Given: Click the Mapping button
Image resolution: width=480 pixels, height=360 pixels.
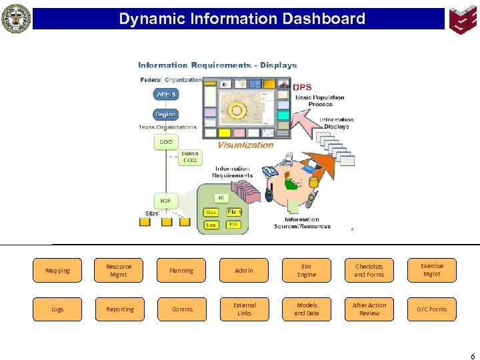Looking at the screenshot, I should [57, 271].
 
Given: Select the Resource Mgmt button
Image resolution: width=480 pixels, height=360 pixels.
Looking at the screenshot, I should [119, 271].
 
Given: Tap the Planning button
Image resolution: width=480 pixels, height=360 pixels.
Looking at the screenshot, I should [181, 271].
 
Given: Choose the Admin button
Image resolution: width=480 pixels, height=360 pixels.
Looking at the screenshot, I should [244, 271].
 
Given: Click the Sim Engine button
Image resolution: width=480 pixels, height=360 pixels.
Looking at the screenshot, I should [307, 271].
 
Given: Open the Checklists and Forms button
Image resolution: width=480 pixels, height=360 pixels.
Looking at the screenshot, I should [369, 271].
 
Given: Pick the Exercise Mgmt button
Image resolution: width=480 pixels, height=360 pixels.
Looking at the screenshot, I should [431, 270].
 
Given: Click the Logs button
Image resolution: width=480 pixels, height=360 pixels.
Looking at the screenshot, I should [57, 309].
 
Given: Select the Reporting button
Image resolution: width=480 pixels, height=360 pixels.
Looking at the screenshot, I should [119, 309].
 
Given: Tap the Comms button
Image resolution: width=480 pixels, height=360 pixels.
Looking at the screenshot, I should [181, 309].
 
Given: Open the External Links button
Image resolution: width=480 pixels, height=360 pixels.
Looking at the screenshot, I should [244, 309].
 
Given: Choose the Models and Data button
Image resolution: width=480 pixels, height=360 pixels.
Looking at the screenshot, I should [307, 309].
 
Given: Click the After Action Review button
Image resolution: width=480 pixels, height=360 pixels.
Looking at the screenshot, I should [369, 309].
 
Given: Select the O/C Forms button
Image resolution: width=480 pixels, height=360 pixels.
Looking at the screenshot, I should [431, 309].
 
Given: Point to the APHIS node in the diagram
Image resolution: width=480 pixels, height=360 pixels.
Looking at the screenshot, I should [165, 95].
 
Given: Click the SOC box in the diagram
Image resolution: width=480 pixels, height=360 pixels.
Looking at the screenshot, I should [165, 142].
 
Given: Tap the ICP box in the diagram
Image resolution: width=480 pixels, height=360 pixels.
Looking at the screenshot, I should [165, 200].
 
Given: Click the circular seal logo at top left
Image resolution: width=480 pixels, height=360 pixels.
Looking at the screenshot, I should [16, 19].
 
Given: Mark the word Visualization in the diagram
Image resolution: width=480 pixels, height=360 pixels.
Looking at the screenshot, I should [245, 145].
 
